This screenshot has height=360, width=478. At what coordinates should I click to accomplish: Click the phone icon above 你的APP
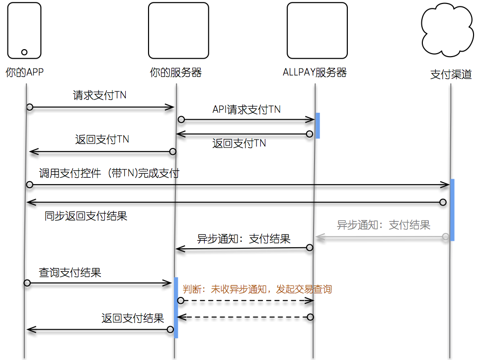[24, 30]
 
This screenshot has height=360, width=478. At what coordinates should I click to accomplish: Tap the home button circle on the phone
[24, 52]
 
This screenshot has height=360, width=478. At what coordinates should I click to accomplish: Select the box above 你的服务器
[178, 30]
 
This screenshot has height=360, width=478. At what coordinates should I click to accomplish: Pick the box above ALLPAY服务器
[317, 30]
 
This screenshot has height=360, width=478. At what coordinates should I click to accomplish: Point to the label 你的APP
[24, 72]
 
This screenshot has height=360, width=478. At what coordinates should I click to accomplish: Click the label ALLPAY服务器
[314, 72]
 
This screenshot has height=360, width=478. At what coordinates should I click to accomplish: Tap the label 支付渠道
[451, 75]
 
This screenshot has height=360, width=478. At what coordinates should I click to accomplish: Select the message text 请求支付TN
[99, 95]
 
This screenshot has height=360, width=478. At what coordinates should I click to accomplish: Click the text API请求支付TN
[246, 109]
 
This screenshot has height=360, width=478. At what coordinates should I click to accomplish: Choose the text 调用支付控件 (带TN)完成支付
[109, 174]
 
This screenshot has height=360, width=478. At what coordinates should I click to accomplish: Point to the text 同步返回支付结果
[85, 216]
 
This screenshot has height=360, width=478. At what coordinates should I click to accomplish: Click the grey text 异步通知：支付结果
[383, 225]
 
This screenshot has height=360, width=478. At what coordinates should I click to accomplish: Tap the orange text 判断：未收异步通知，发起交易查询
[257, 289]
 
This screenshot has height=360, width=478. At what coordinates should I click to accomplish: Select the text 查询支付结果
[70, 273]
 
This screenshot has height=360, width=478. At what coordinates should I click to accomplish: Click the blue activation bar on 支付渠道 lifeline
[452, 210]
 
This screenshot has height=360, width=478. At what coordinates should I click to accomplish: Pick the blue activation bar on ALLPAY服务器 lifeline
[317, 125]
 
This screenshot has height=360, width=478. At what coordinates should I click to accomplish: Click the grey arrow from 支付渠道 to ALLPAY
[380, 237]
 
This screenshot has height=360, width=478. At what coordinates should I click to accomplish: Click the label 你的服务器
[175, 72]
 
